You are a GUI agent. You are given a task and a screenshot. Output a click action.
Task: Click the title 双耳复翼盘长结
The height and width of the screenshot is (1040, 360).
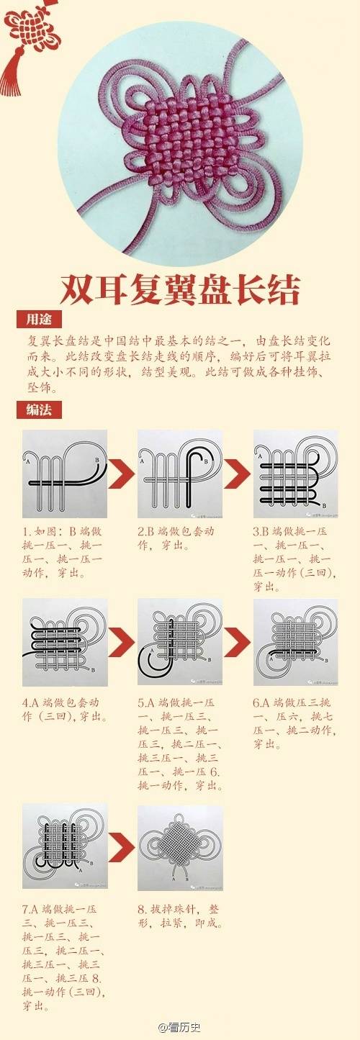[180, 289]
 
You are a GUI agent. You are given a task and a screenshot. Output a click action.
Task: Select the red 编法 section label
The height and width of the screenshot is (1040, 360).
[38, 410]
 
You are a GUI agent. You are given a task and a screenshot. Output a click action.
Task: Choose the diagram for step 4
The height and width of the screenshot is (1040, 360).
[64, 641]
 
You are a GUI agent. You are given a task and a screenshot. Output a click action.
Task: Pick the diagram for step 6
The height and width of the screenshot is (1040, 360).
[294, 641]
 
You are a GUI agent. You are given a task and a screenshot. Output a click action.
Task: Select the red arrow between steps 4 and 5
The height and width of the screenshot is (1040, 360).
[122, 641]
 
